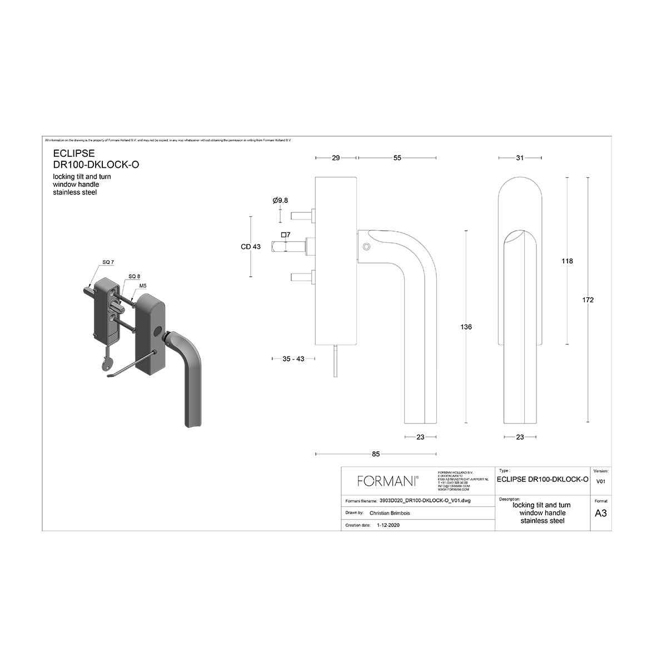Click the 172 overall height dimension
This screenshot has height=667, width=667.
pos(588,300)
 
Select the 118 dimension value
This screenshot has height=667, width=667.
pos(567,261)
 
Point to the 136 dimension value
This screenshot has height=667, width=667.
pos(466,327)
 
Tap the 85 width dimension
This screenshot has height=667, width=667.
pos(376,454)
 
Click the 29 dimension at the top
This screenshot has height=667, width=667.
pos(336,158)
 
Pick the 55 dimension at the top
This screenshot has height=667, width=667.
pos(397,158)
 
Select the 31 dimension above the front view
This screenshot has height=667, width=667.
pos(520,158)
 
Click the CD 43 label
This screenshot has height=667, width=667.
pos(251,247)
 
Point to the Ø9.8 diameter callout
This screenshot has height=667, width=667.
pos(280,200)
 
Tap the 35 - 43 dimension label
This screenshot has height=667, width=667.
pos(293,359)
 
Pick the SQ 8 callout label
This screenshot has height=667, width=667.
pos(134,276)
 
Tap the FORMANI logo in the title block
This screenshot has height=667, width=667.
pos(387,481)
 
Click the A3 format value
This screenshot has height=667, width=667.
pos(600,513)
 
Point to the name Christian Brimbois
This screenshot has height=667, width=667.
pos(390,513)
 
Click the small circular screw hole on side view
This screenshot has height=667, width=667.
pos(365,246)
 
